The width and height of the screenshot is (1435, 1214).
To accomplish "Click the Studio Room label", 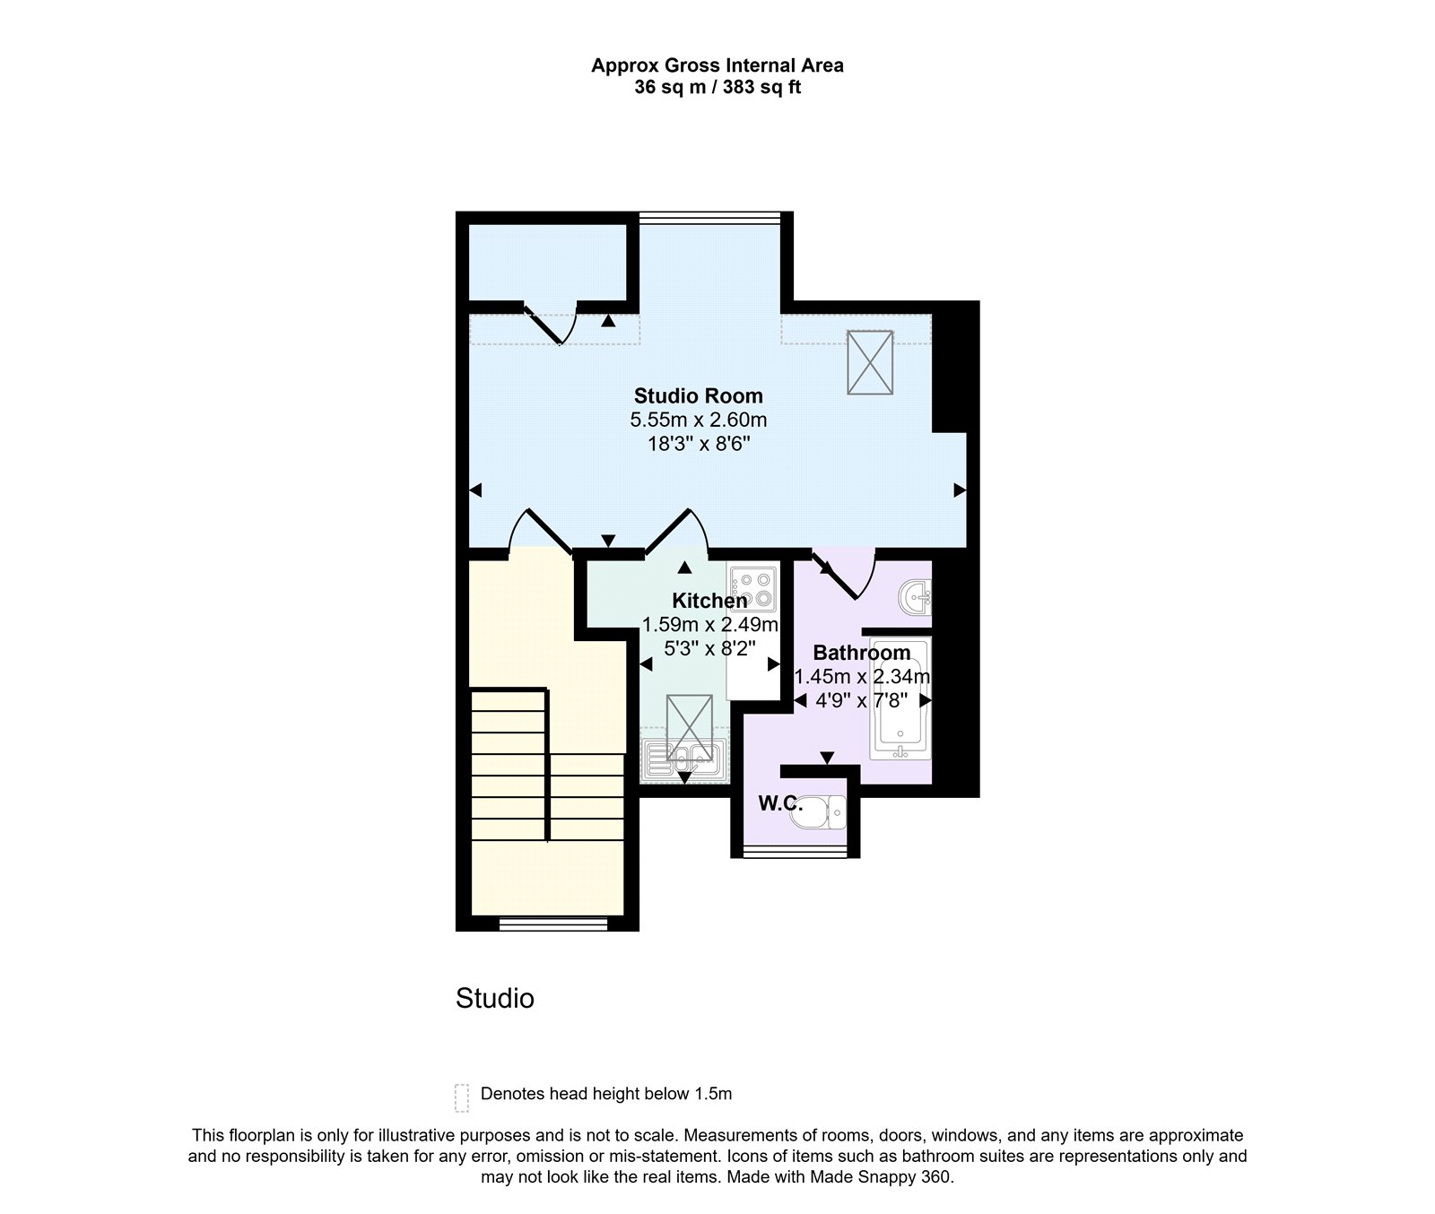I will pyautogui.click(x=698, y=395).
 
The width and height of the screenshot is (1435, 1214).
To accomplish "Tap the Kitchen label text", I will pyautogui.click(x=709, y=601).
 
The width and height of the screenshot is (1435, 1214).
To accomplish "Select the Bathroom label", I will pyautogui.click(x=861, y=653).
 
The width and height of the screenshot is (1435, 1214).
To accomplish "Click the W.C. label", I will pyautogui.click(x=779, y=803).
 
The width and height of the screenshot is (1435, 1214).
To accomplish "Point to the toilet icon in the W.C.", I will pyautogui.click(x=822, y=812).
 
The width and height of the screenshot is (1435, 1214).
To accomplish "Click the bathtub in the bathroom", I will pyautogui.click(x=900, y=699).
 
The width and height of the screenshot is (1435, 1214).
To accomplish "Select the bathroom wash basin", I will pyautogui.click(x=916, y=595).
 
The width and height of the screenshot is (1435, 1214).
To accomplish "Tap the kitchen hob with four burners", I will pyautogui.click(x=752, y=588).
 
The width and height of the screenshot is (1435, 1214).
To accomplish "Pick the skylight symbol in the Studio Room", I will pyautogui.click(x=870, y=362).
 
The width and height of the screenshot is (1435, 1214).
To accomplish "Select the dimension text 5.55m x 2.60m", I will pyautogui.click(x=698, y=420).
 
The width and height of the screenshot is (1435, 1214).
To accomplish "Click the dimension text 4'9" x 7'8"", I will pyautogui.click(x=861, y=700).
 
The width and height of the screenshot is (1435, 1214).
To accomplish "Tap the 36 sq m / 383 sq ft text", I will pyautogui.click(x=717, y=88).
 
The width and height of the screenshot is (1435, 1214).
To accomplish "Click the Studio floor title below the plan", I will pyautogui.click(x=494, y=998).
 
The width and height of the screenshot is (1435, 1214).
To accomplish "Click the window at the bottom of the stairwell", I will pyautogui.click(x=552, y=924).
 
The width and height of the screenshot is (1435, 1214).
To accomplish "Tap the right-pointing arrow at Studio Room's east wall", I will pyautogui.click(x=959, y=490).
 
